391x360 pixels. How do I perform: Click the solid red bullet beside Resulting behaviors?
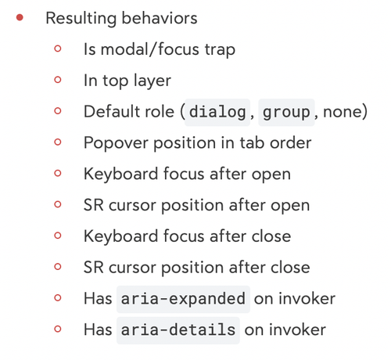20,17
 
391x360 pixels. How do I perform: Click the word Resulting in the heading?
81,19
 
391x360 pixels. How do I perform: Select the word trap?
220,50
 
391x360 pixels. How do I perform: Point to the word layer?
152,81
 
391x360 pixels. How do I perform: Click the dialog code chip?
217,112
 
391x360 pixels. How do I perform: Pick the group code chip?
286,112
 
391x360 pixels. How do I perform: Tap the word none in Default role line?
343,112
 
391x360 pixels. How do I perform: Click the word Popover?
116,143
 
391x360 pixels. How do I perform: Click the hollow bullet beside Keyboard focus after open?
58,173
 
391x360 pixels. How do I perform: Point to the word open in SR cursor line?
290,206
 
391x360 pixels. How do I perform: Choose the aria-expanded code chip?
183,299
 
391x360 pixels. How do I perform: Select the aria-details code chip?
178,330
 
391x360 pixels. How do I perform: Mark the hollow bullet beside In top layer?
58,80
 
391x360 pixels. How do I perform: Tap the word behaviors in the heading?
160,18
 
